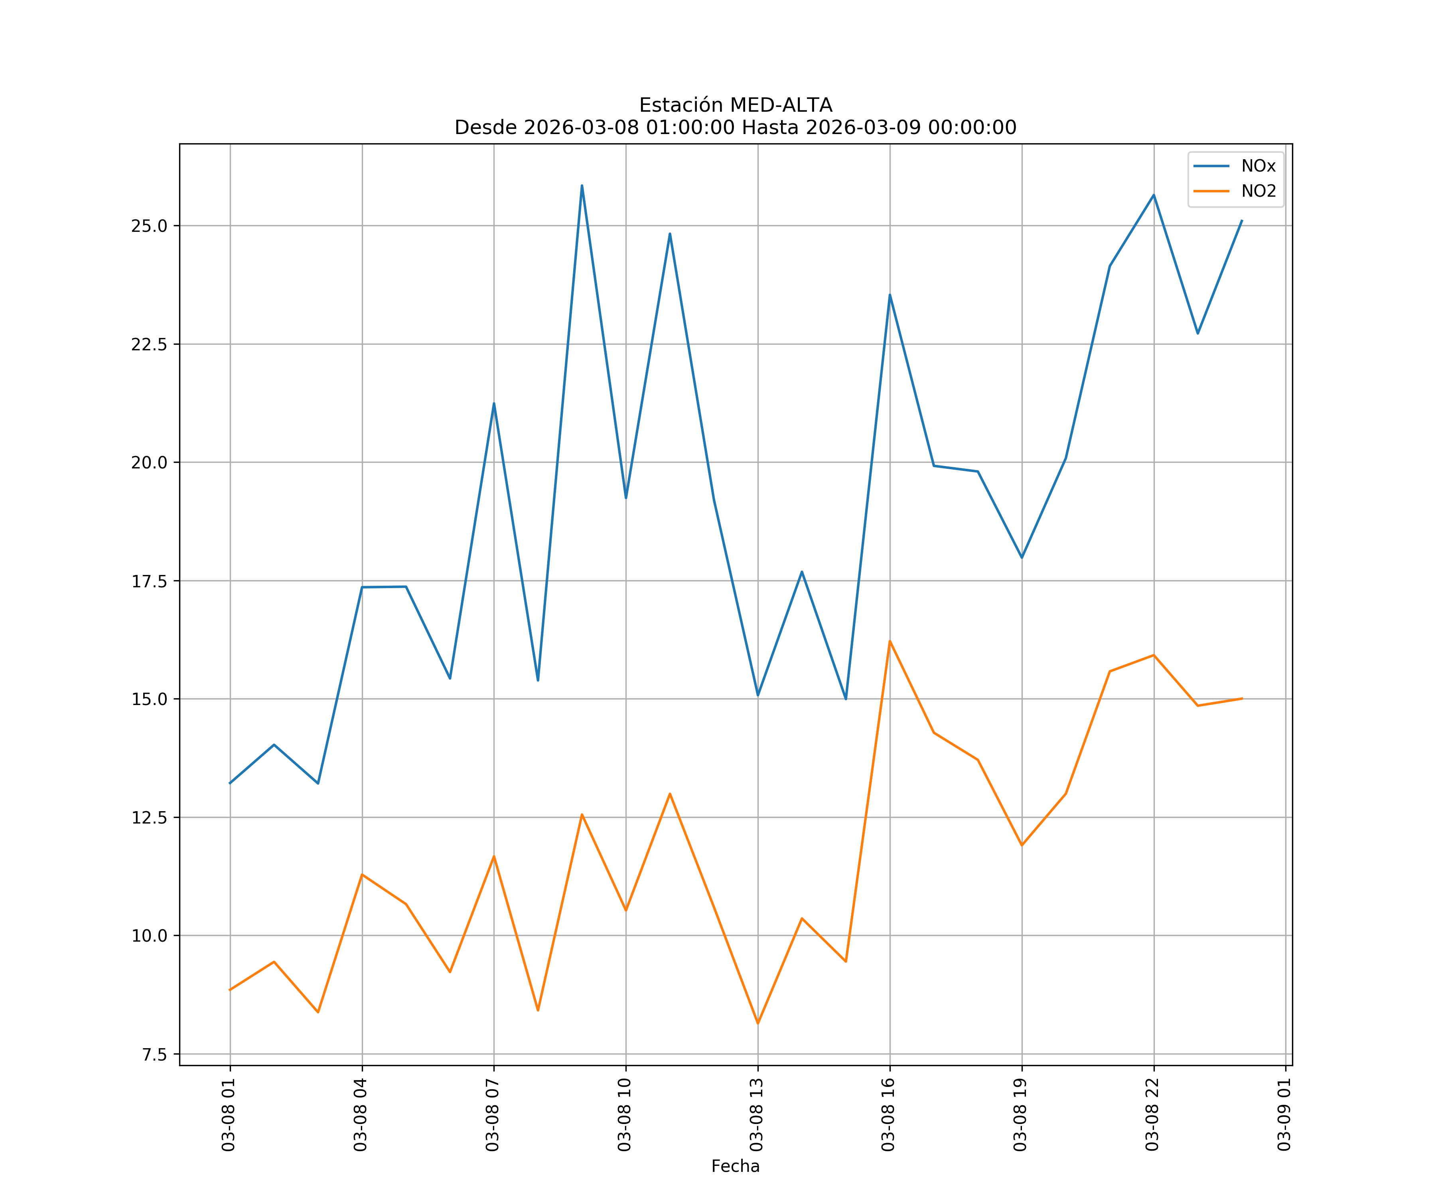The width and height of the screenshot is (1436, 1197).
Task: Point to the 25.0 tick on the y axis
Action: tap(149, 226)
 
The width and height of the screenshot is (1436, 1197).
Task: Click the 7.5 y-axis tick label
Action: tap(154, 1055)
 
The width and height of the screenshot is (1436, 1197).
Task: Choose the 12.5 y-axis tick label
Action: tap(149, 818)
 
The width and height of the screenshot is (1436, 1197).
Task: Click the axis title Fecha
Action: tap(735, 1166)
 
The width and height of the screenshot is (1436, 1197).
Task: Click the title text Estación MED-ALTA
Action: tap(735, 105)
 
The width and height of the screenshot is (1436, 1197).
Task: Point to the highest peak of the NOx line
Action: tap(582, 186)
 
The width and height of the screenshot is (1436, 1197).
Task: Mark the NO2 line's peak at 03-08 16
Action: tap(890, 641)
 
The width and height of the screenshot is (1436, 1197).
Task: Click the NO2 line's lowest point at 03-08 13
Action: tap(757, 1023)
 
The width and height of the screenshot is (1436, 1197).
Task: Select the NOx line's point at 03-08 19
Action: tap(1022, 557)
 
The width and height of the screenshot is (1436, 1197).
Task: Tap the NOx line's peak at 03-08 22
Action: tap(1154, 195)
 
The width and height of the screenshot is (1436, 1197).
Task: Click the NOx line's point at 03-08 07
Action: tap(494, 403)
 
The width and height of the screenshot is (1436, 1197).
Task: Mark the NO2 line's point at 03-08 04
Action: tap(362, 874)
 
